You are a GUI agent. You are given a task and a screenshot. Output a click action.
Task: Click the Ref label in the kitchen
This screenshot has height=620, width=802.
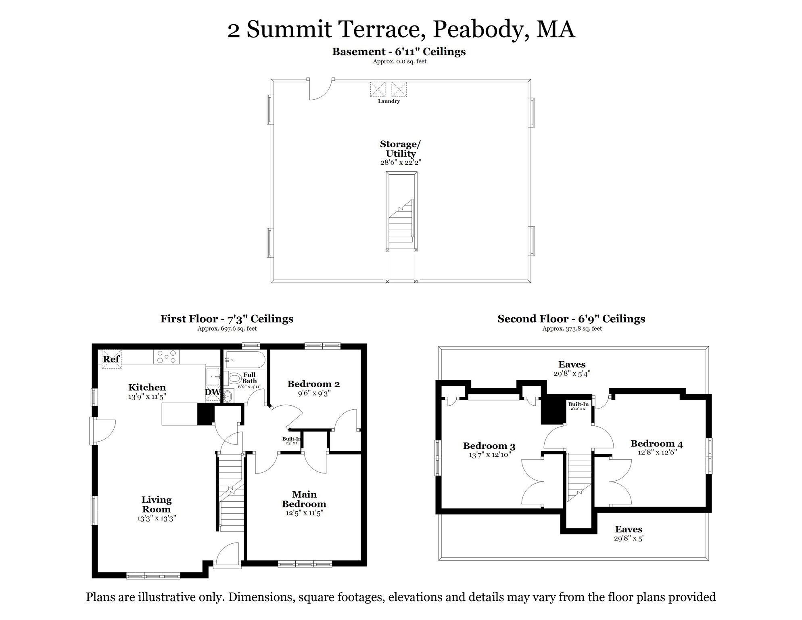pos(111,359)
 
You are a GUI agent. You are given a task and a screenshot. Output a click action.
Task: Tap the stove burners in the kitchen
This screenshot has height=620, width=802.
pos(167,357)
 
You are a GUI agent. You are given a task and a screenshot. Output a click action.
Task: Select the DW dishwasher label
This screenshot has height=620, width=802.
pos(213,392)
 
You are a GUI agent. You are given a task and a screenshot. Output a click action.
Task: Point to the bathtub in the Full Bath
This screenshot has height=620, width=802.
pos(245,359)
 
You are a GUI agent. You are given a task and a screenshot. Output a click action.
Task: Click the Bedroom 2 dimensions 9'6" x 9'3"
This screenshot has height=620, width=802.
pos(314,393)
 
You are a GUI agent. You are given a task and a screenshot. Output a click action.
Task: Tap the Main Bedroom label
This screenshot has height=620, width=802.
pos(304,499)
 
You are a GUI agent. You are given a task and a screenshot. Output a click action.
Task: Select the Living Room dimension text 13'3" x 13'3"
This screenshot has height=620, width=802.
pos(157,518)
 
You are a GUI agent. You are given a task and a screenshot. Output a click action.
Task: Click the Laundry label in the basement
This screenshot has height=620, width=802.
pos(389,101)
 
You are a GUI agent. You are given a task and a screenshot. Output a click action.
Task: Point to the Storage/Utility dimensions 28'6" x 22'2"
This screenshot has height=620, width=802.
pos(401,162)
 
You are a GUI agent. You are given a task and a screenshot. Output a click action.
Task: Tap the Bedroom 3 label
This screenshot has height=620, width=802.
pos(489,446)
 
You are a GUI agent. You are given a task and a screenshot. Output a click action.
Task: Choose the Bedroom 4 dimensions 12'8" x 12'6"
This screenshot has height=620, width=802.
pos(657,452)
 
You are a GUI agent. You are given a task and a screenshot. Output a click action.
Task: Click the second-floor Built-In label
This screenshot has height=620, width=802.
pos(578,404)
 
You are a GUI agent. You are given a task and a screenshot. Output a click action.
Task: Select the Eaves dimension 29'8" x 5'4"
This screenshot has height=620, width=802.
pos(572,374)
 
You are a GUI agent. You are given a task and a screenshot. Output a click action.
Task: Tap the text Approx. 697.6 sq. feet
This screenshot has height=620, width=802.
pos(227,329)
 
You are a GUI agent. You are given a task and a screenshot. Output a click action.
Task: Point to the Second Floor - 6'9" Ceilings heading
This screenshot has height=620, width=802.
pos(571,319)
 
